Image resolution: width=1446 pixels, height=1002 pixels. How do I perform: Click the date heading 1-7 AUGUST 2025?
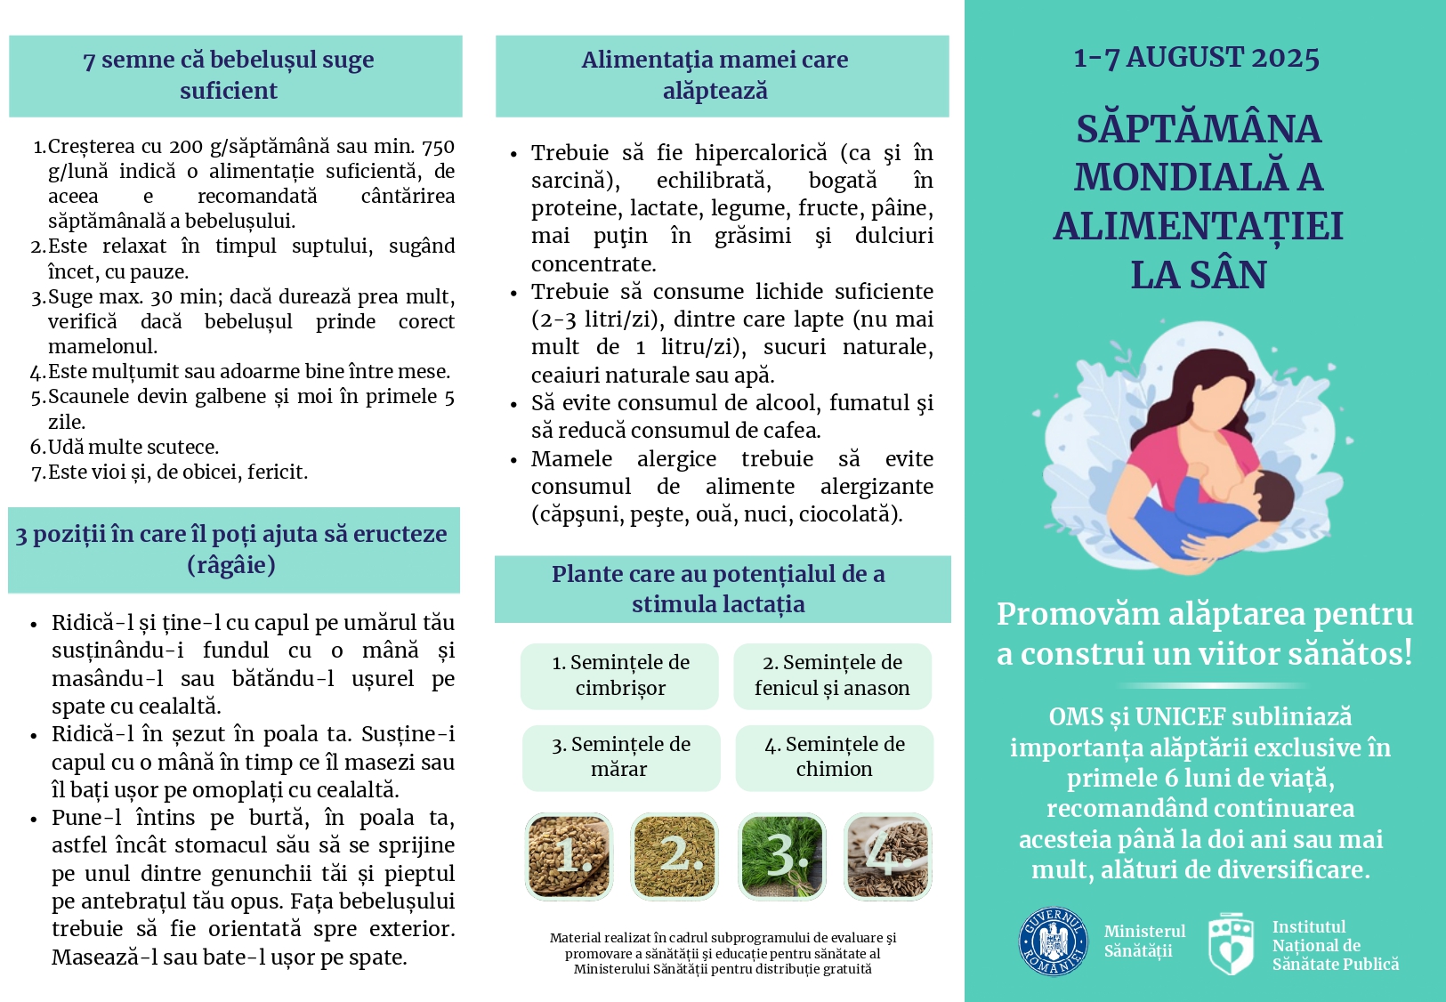tap(1196, 58)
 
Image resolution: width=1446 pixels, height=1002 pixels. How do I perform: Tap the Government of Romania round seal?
tap(1053, 941)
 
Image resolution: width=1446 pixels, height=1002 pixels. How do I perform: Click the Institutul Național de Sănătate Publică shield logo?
tap(1232, 942)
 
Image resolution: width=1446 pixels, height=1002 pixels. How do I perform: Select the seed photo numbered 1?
tap(569, 856)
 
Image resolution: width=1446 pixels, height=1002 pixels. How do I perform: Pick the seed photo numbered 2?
tap(675, 856)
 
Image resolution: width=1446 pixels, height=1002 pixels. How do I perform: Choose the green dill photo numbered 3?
tap(782, 856)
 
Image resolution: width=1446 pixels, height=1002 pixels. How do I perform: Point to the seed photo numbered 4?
tap(887, 856)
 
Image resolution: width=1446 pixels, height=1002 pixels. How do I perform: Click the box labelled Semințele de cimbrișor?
tap(620, 675)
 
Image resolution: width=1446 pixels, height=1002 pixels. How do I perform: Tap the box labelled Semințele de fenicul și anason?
tap(832, 675)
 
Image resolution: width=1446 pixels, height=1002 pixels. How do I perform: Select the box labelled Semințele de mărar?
tap(620, 757)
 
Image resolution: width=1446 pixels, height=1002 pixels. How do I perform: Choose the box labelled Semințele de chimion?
tap(834, 757)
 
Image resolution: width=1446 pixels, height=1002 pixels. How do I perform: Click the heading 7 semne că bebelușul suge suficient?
tap(229, 76)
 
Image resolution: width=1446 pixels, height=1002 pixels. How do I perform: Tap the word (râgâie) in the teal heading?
tap(231, 565)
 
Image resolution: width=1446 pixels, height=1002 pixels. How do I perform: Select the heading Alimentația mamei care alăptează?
tap(715, 76)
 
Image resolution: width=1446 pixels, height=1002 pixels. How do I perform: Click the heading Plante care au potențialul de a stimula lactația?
tap(718, 589)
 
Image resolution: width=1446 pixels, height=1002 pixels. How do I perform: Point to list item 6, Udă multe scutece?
tap(133, 447)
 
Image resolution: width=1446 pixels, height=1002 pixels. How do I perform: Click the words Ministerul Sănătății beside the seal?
tap(1144, 941)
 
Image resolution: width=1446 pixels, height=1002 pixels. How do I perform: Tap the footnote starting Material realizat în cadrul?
tap(723, 953)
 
